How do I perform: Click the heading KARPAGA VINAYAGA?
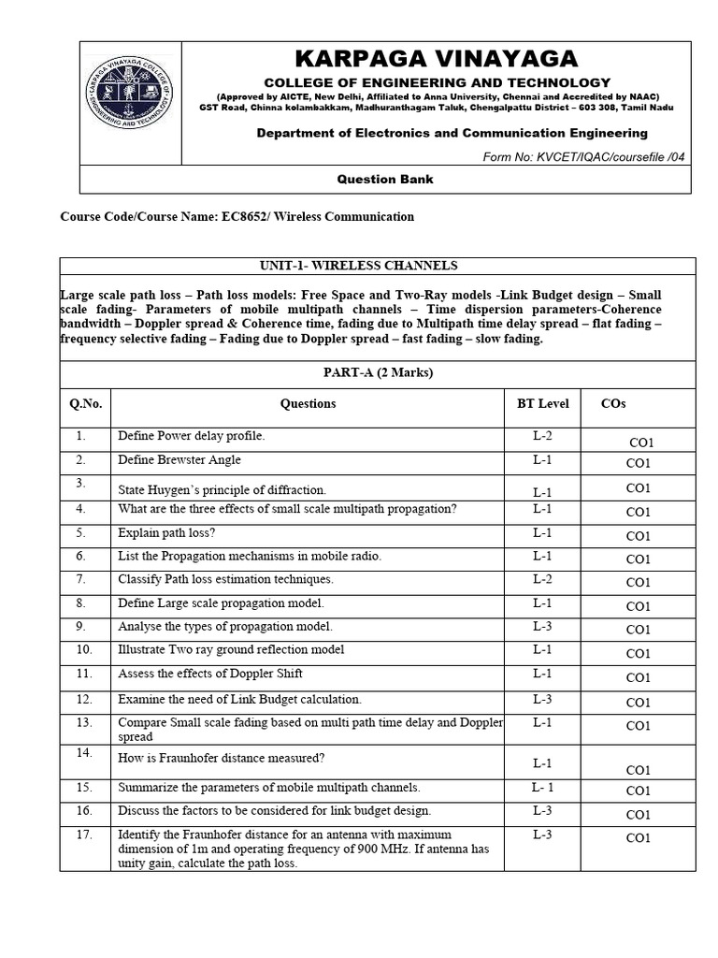(x=437, y=60)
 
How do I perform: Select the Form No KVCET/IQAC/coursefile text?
(x=584, y=156)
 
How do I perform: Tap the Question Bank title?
(x=385, y=179)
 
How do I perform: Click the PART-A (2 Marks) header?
(x=378, y=373)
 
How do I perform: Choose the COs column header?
(x=613, y=403)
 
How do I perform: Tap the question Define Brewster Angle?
(x=179, y=459)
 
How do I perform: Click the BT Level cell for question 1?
(x=542, y=436)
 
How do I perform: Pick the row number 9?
(x=81, y=626)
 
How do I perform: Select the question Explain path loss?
(x=166, y=532)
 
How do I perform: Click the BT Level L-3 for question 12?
(x=542, y=699)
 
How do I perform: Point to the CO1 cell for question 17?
(x=638, y=838)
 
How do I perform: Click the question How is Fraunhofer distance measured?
(x=222, y=758)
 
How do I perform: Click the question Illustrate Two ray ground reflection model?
(x=231, y=649)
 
